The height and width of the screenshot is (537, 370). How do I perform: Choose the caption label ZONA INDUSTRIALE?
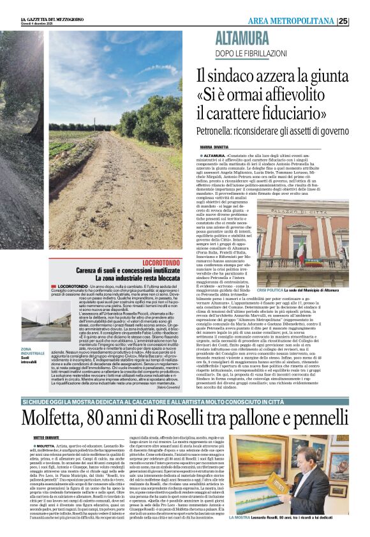(33, 352)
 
